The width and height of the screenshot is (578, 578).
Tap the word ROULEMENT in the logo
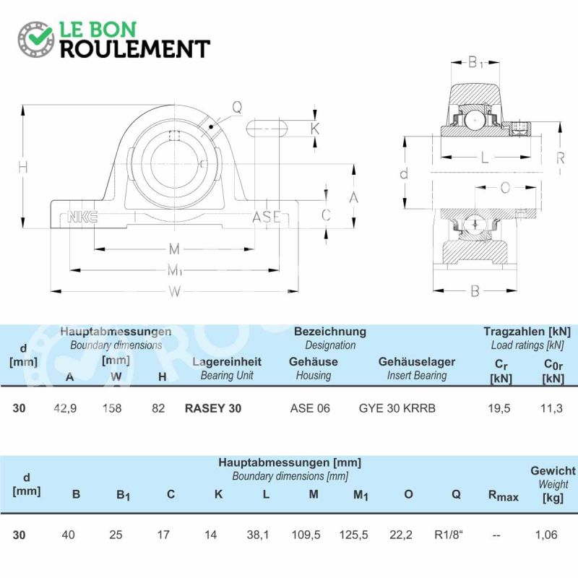(135, 49)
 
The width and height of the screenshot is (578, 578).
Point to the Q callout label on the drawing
(237, 107)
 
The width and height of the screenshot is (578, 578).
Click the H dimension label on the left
(23, 168)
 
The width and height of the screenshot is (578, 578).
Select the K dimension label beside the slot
(315, 129)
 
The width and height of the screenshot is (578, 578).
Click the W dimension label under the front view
(175, 292)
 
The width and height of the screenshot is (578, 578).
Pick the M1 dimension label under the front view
(175, 270)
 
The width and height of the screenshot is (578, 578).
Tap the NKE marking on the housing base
(82, 217)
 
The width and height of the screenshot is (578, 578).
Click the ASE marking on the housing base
(267, 217)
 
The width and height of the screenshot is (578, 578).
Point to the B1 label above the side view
(475, 62)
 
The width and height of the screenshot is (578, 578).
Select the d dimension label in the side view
(405, 173)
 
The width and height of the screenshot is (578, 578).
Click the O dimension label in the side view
(505, 188)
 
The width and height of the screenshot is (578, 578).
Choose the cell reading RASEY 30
(213, 408)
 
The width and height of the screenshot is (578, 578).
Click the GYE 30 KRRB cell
(397, 408)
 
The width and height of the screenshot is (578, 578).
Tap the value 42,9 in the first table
(65, 408)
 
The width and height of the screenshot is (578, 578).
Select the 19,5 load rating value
(499, 408)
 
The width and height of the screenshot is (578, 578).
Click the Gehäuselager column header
(417, 362)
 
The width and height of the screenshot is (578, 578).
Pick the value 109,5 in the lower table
(306, 535)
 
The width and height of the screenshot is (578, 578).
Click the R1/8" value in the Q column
(449, 535)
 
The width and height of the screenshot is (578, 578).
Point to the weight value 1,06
(546, 535)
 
